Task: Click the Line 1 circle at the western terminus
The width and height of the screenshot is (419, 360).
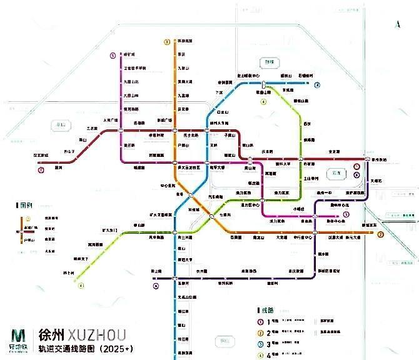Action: (x=41, y=169)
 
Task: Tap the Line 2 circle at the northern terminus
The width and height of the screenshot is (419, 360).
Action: (x=167, y=42)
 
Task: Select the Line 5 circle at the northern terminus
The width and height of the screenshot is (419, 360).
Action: (x=113, y=55)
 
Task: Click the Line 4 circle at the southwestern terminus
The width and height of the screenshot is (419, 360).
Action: (x=81, y=286)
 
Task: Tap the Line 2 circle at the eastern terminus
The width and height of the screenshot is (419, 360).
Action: (x=380, y=234)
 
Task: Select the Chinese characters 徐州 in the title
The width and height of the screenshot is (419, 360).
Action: (x=52, y=332)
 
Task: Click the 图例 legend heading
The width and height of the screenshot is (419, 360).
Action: (x=25, y=204)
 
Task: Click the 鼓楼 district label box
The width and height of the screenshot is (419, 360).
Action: (x=267, y=62)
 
